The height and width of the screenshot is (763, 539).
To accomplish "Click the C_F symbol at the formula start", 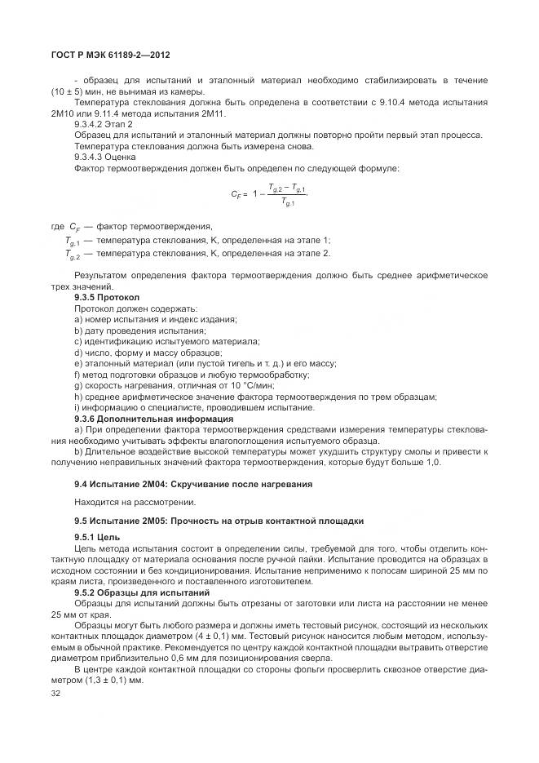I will click(238, 195).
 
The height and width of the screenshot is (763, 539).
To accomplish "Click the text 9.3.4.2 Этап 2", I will click(104, 123).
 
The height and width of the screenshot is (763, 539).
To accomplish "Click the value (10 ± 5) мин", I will click(77, 91).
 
